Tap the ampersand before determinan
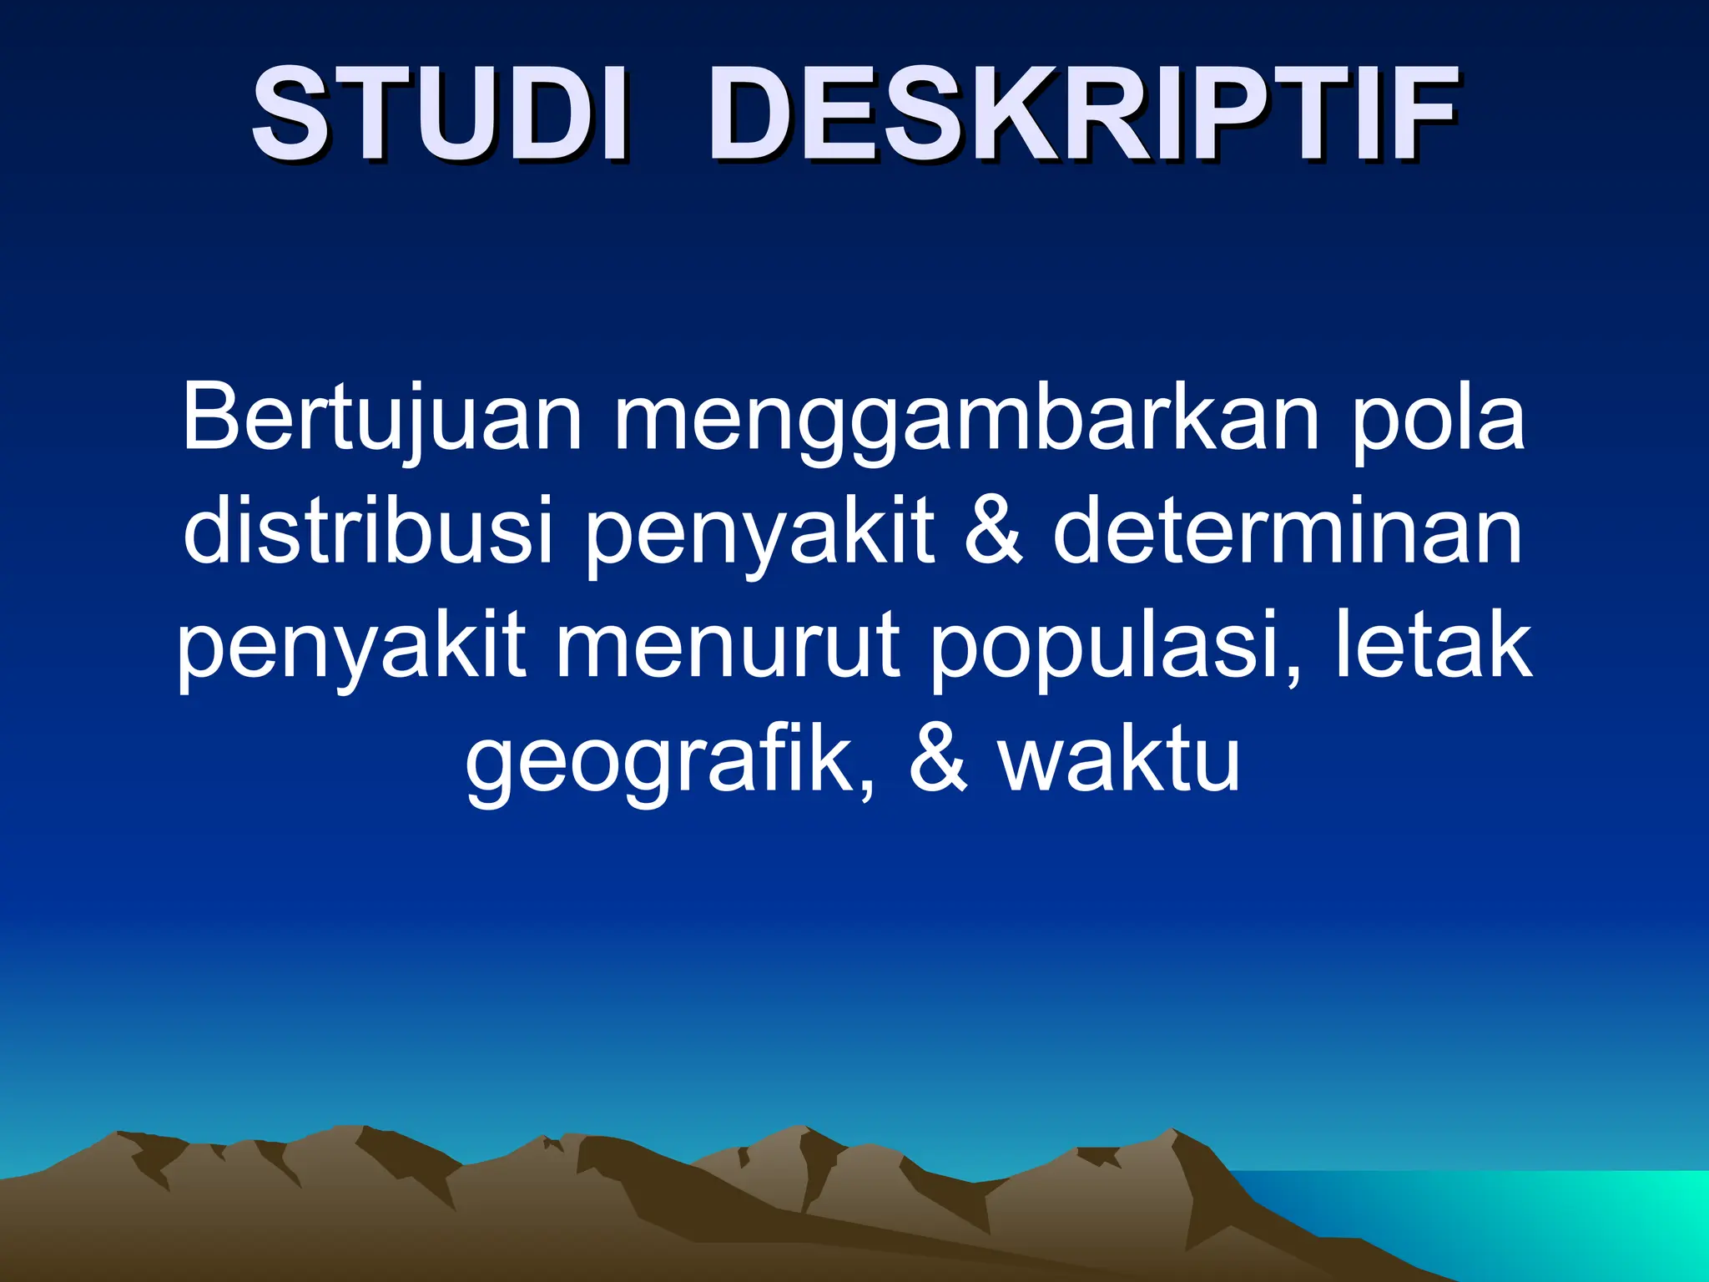coord(993,531)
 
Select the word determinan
coord(1288,531)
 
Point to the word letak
coord(1434,644)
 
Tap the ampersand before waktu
coord(938,760)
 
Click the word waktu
coord(1119,760)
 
